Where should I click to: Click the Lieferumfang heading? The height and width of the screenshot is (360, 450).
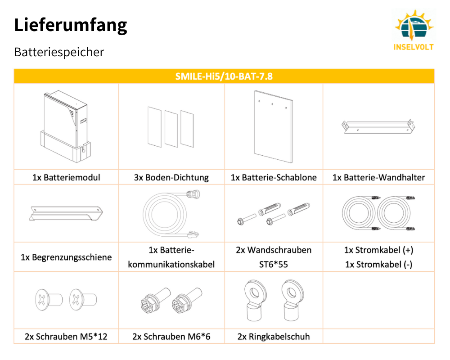point(71,25)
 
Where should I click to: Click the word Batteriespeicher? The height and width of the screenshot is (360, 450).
point(59,52)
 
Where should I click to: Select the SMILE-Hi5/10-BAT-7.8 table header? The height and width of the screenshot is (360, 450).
point(224,76)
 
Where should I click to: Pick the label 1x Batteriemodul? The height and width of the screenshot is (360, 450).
point(66,177)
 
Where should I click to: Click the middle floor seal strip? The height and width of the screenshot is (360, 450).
point(171,128)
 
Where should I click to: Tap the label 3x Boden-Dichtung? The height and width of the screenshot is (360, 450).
point(171,177)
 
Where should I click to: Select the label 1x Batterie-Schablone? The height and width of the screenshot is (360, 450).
point(274,177)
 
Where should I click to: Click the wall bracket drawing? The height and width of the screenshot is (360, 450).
point(378,126)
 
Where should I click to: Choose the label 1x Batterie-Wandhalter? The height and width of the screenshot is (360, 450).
point(378,177)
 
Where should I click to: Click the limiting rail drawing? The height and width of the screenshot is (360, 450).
point(66,213)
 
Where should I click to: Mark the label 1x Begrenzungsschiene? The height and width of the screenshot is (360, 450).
point(66,257)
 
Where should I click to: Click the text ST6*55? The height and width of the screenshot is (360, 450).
point(274,265)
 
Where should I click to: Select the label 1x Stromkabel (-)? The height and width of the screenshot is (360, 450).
point(378,265)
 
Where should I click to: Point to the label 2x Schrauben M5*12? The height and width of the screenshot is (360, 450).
point(66,336)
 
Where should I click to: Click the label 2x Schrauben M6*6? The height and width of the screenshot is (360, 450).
point(171,336)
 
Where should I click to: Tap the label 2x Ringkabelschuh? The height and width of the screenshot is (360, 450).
point(274,336)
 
